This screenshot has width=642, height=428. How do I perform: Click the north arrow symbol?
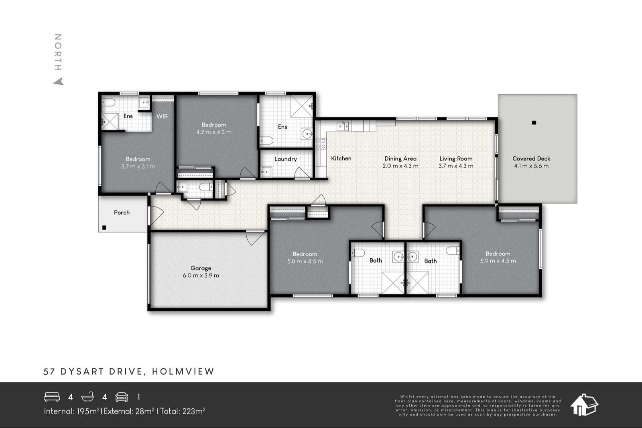pos(59,81)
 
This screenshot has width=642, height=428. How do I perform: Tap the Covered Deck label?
pos(531,158)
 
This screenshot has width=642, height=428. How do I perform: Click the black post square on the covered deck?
pos(533,123)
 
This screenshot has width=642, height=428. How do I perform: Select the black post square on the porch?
pos(104,227)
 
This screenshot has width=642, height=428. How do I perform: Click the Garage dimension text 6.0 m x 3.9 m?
pos(201,276)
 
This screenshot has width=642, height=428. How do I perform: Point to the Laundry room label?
pos(285,159)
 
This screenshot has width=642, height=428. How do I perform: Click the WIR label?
pos(162,116)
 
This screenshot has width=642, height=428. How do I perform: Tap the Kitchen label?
pos(341,158)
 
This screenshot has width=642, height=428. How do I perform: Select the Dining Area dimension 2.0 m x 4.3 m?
pos(400,166)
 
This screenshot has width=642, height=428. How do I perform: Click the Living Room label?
pos(456,158)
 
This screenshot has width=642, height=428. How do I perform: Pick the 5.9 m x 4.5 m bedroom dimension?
pos(498,261)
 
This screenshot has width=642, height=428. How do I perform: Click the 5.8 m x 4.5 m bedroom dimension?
pos(305,261)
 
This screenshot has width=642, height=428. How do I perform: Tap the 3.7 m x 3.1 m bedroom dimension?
pos(138,166)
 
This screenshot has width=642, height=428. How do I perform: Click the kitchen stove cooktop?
pos(321,144)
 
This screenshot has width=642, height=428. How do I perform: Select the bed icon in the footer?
pos(52,397)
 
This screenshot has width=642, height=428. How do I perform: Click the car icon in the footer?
pos(122,397)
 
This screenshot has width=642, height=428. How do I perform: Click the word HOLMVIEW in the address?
pos(183,371)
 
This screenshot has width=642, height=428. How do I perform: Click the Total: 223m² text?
pos(183,411)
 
